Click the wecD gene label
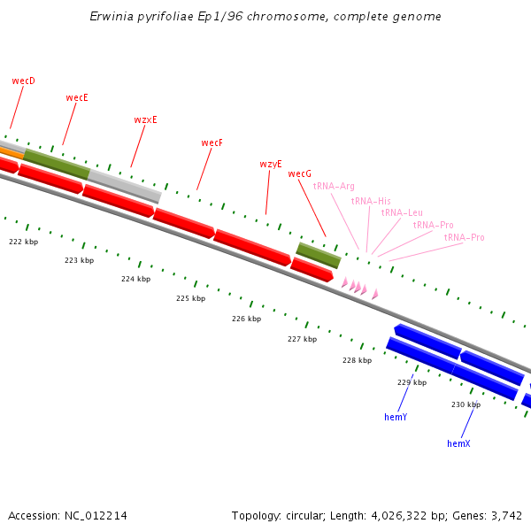(24, 81)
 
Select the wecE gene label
(77, 97)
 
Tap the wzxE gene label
(145, 119)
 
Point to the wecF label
(212, 142)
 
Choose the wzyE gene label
(271, 164)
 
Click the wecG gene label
(300, 173)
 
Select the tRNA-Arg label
(334, 186)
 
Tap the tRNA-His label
(370, 201)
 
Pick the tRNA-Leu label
(402, 212)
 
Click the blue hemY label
(396, 416)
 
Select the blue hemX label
(458, 442)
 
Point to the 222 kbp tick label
(24, 242)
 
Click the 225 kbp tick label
(190, 298)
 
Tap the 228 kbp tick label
(357, 360)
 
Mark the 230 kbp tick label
(466, 404)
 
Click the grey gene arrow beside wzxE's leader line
(124, 186)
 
